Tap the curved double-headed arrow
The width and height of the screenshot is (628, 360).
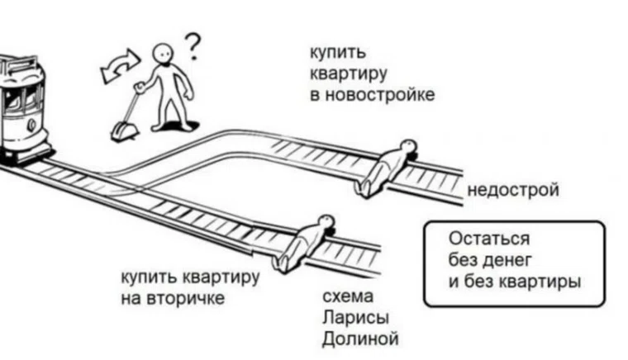[x=121, y=67]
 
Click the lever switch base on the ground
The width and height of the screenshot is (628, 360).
[x=124, y=130]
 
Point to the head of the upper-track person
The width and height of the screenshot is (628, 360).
[x=406, y=147]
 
